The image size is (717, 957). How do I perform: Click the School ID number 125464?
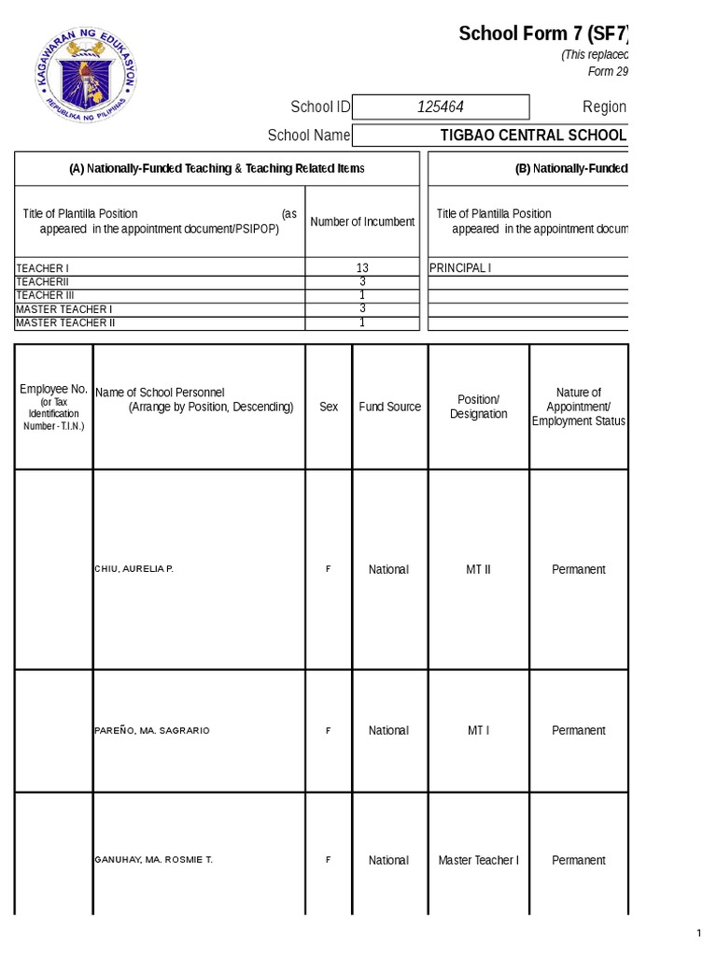tap(440, 107)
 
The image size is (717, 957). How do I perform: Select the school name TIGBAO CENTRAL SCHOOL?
tap(533, 136)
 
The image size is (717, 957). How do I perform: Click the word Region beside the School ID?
tap(604, 107)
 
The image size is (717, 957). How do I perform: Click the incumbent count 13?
tap(362, 268)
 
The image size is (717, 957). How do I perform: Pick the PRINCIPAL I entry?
tap(459, 268)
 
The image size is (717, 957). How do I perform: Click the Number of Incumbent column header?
tap(362, 222)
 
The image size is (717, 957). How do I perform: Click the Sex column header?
tap(329, 407)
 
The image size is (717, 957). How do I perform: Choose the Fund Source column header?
tap(389, 407)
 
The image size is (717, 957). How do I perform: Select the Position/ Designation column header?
tap(478, 407)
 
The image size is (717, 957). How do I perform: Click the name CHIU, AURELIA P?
tap(134, 569)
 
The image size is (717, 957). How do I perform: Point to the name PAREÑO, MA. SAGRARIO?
tap(152, 731)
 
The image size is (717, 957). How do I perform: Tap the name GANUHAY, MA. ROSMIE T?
tap(154, 860)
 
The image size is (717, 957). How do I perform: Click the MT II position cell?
tap(478, 569)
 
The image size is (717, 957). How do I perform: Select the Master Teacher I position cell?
tap(478, 860)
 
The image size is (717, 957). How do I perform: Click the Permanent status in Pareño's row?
tap(579, 731)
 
